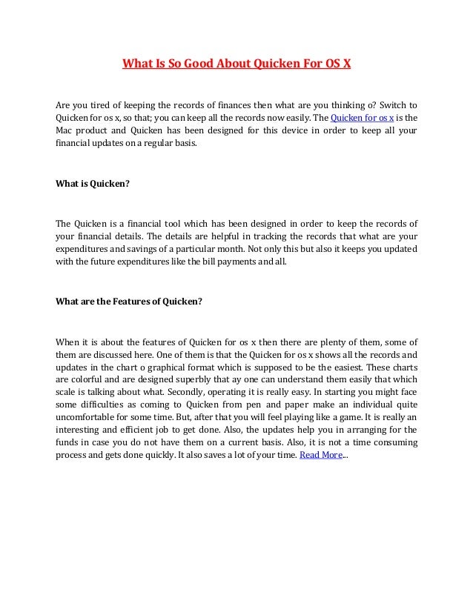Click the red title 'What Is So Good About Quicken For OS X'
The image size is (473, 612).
(236, 64)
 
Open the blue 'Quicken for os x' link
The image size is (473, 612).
(362, 117)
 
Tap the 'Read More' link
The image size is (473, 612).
(320, 455)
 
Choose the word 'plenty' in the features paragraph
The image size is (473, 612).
(322, 343)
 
